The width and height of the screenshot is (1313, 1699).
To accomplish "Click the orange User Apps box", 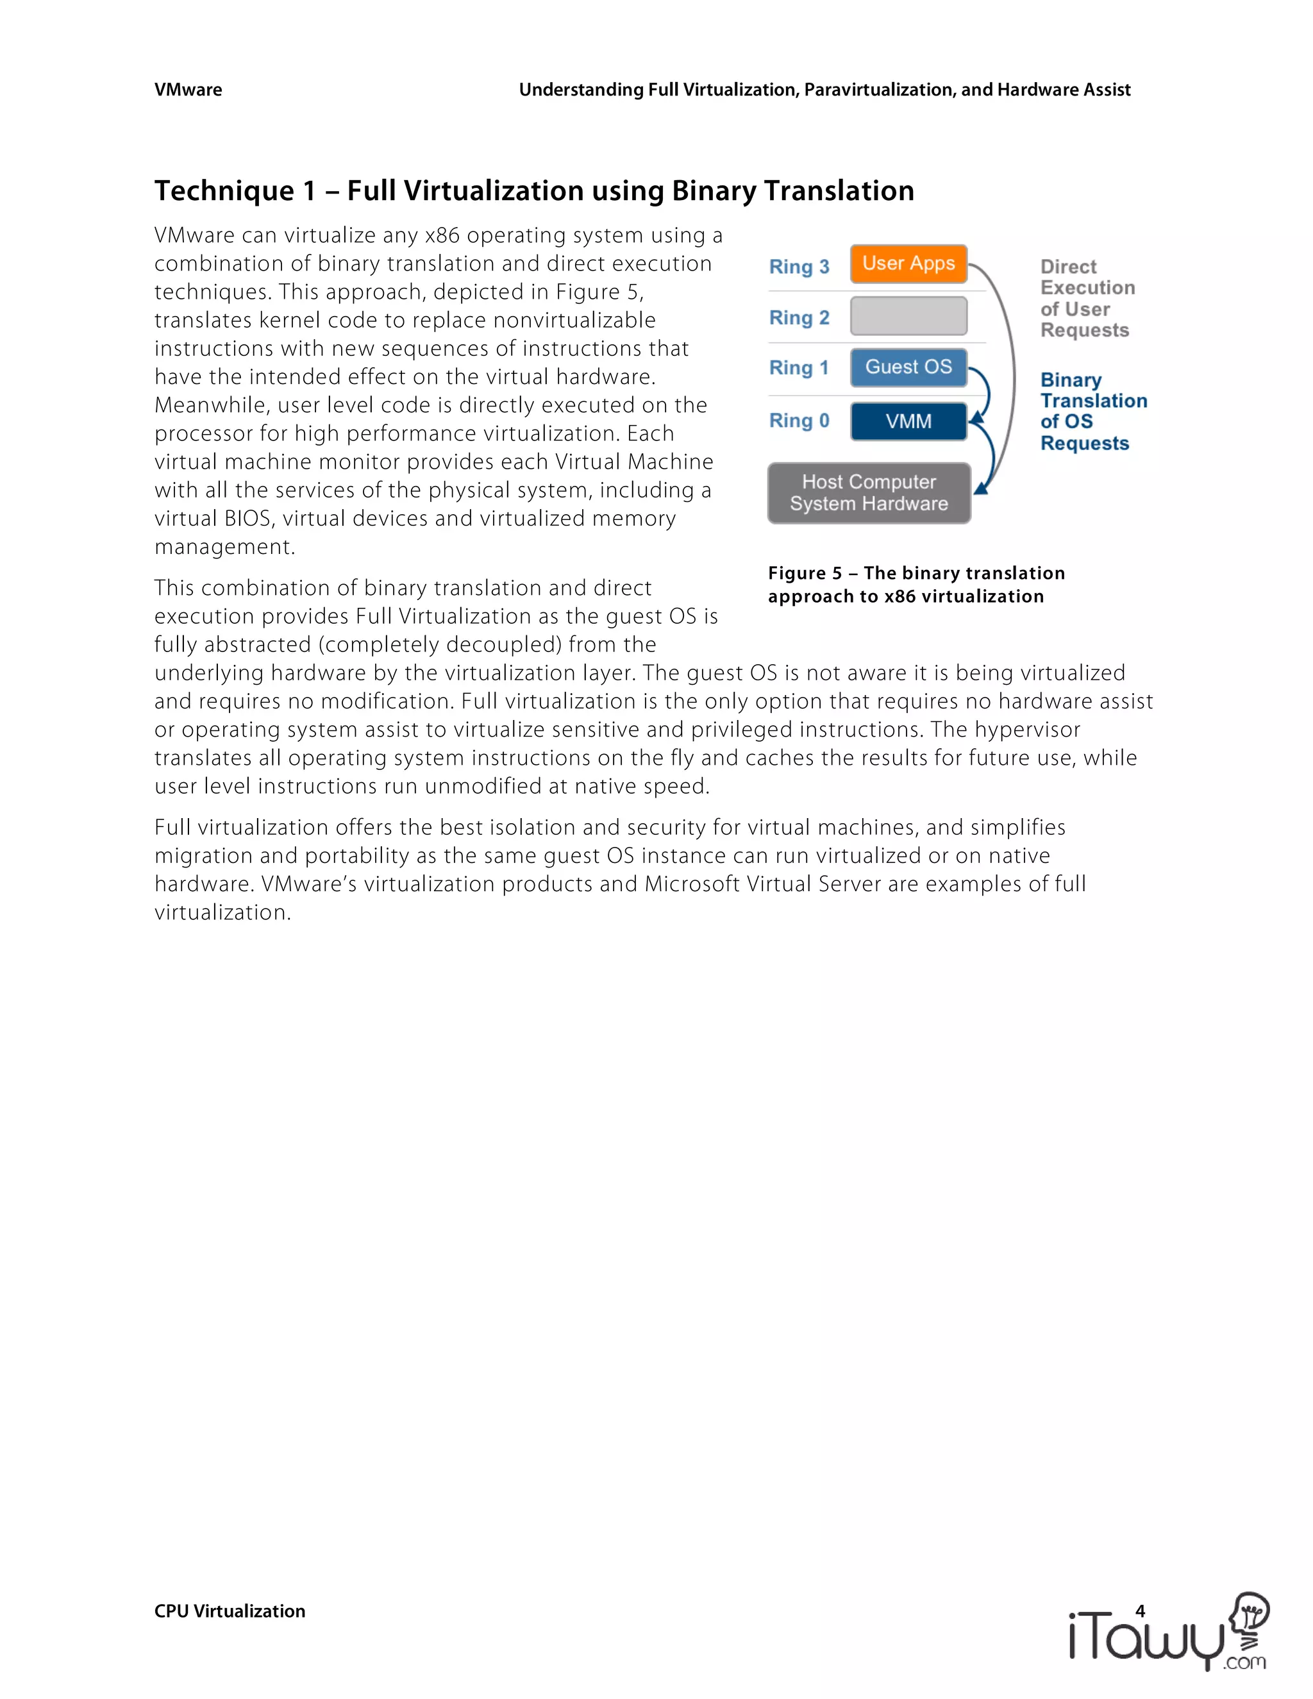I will (x=908, y=264).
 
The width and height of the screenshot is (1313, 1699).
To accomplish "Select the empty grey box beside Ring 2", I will (x=908, y=316).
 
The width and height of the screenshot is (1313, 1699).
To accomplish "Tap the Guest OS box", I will (x=908, y=367).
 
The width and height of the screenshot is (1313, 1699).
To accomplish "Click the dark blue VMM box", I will (x=908, y=421).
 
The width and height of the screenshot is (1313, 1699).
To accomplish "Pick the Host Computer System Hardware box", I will (x=869, y=492).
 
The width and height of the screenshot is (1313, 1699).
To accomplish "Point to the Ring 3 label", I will (x=799, y=267).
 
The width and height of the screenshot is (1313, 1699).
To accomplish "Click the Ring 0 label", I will (x=799, y=421).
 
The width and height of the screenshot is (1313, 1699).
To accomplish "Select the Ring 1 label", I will (x=799, y=368).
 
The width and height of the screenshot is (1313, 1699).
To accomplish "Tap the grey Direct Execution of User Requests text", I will (x=1087, y=299).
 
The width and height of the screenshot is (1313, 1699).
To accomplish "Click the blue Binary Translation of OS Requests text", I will (x=1092, y=412).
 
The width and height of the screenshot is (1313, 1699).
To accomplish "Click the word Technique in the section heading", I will (x=224, y=190).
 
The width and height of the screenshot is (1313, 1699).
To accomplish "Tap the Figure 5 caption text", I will (x=916, y=584).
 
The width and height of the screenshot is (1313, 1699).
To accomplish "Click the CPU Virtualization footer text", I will (x=230, y=1611).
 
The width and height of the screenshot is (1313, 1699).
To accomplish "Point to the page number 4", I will (x=1141, y=1611).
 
